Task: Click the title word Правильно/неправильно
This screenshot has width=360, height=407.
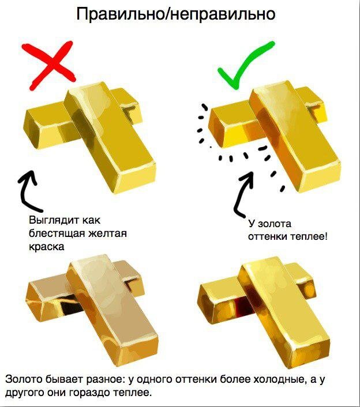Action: (176, 14)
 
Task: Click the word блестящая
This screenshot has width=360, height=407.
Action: (57, 233)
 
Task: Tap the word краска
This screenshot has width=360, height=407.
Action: (47, 246)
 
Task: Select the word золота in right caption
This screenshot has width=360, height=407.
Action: (275, 224)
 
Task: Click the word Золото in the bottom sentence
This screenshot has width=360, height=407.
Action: (24, 379)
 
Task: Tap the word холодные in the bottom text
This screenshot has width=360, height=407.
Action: (279, 379)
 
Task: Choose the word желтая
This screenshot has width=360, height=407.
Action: (107, 233)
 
